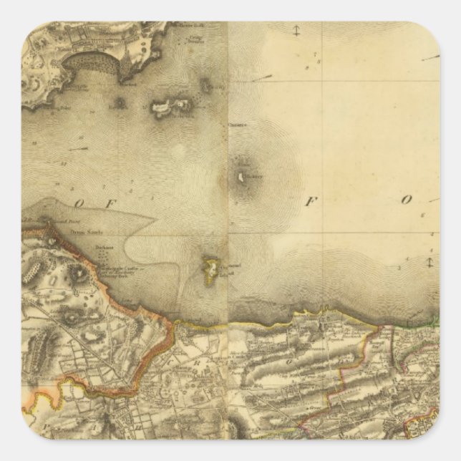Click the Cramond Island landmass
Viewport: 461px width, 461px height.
click(211, 268)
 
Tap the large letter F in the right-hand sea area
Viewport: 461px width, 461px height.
click(310, 201)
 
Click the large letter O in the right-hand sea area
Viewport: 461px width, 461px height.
click(406, 201)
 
